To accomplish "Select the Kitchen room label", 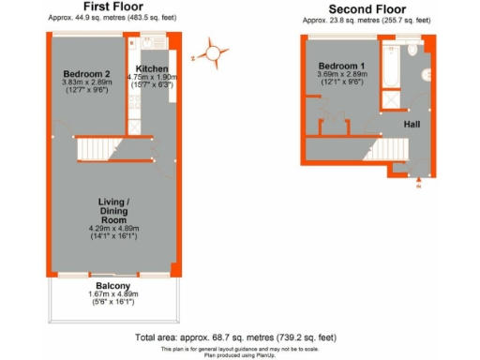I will pyautogui.click(x=152, y=69).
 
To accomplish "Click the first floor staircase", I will pyautogui.click(x=98, y=149).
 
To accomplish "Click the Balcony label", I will pyautogui.click(x=112, y=285).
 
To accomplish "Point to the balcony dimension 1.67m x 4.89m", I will pyautogui.click(x=112, y=294).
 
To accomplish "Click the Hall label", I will pyautogui.click(x=412, y=124).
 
